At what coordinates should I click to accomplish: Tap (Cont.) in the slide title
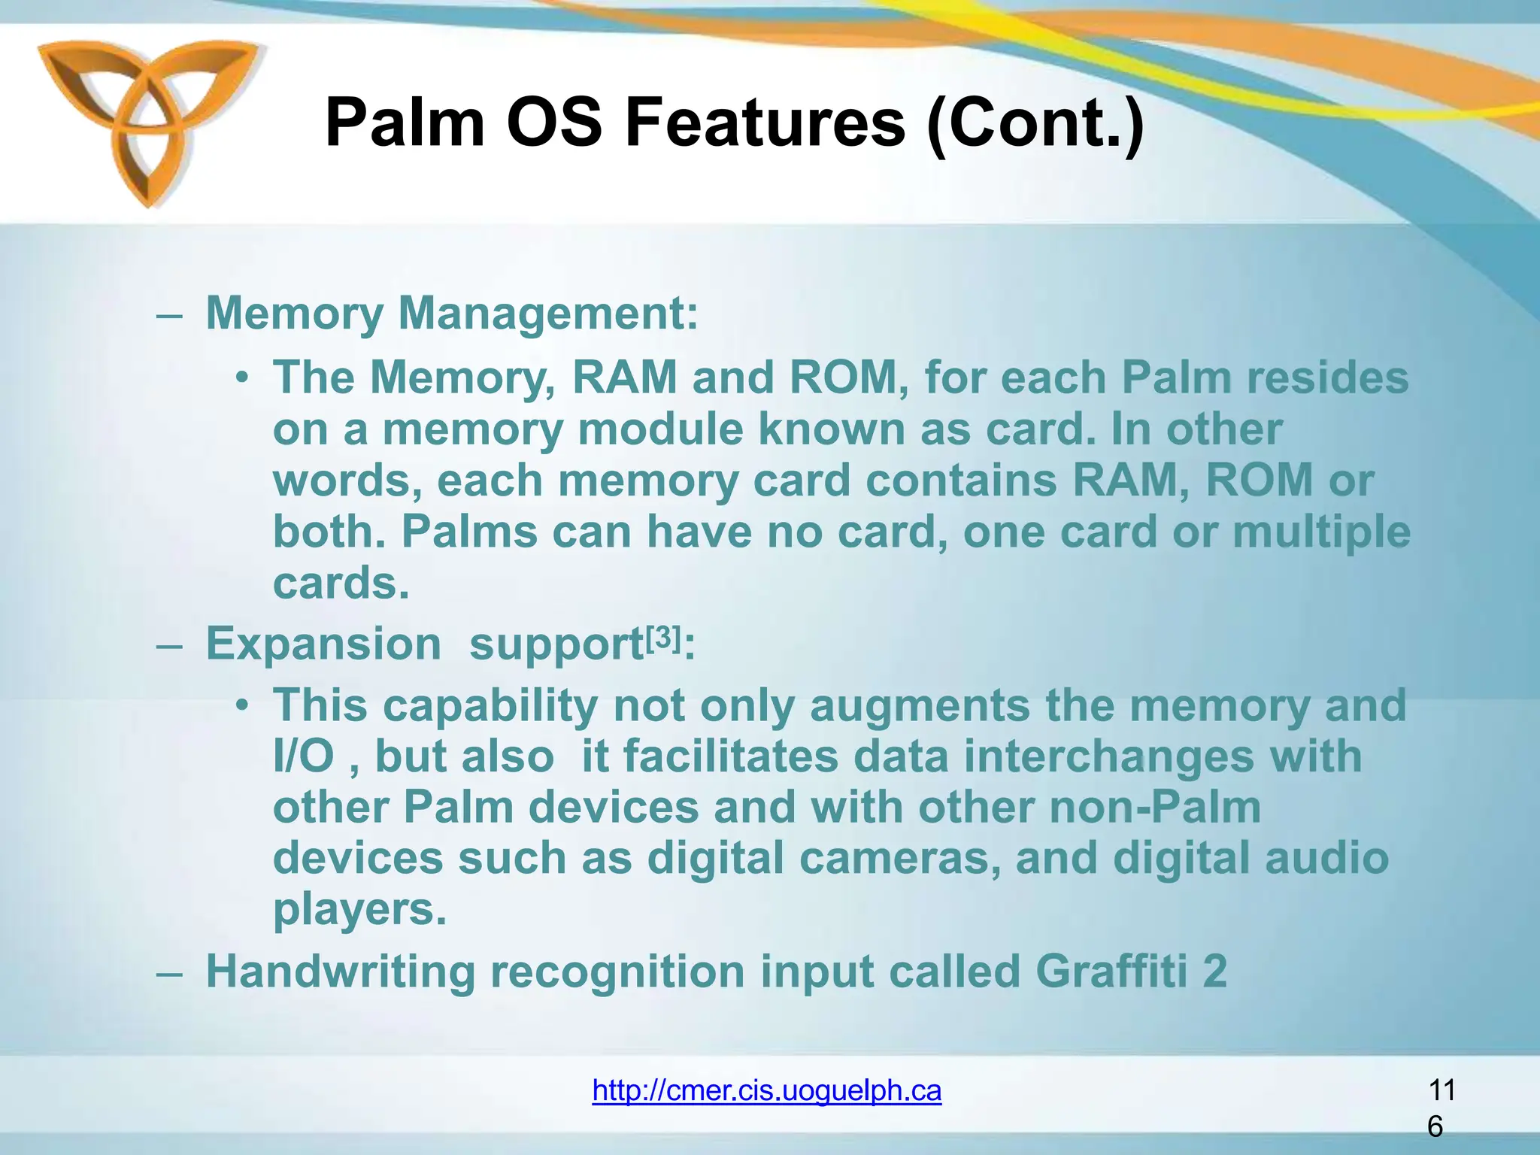click(x=1035, y=124)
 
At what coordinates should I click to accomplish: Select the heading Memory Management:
click(x=452, y=313)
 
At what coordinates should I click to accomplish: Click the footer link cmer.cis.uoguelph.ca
click(x=766, y=1090)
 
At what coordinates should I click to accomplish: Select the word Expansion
click(x=323, y=644)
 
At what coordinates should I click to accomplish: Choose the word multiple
click(x=1321, y=532)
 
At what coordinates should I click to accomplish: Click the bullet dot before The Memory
click(x=241, y=377)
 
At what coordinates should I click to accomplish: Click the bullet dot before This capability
click(x=241, y=706)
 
